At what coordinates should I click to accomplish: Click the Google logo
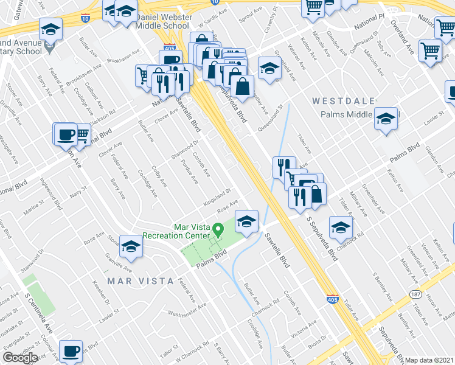pos(20,358)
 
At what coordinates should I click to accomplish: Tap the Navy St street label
pos(78,193)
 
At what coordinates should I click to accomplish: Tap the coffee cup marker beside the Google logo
pos(71,351)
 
